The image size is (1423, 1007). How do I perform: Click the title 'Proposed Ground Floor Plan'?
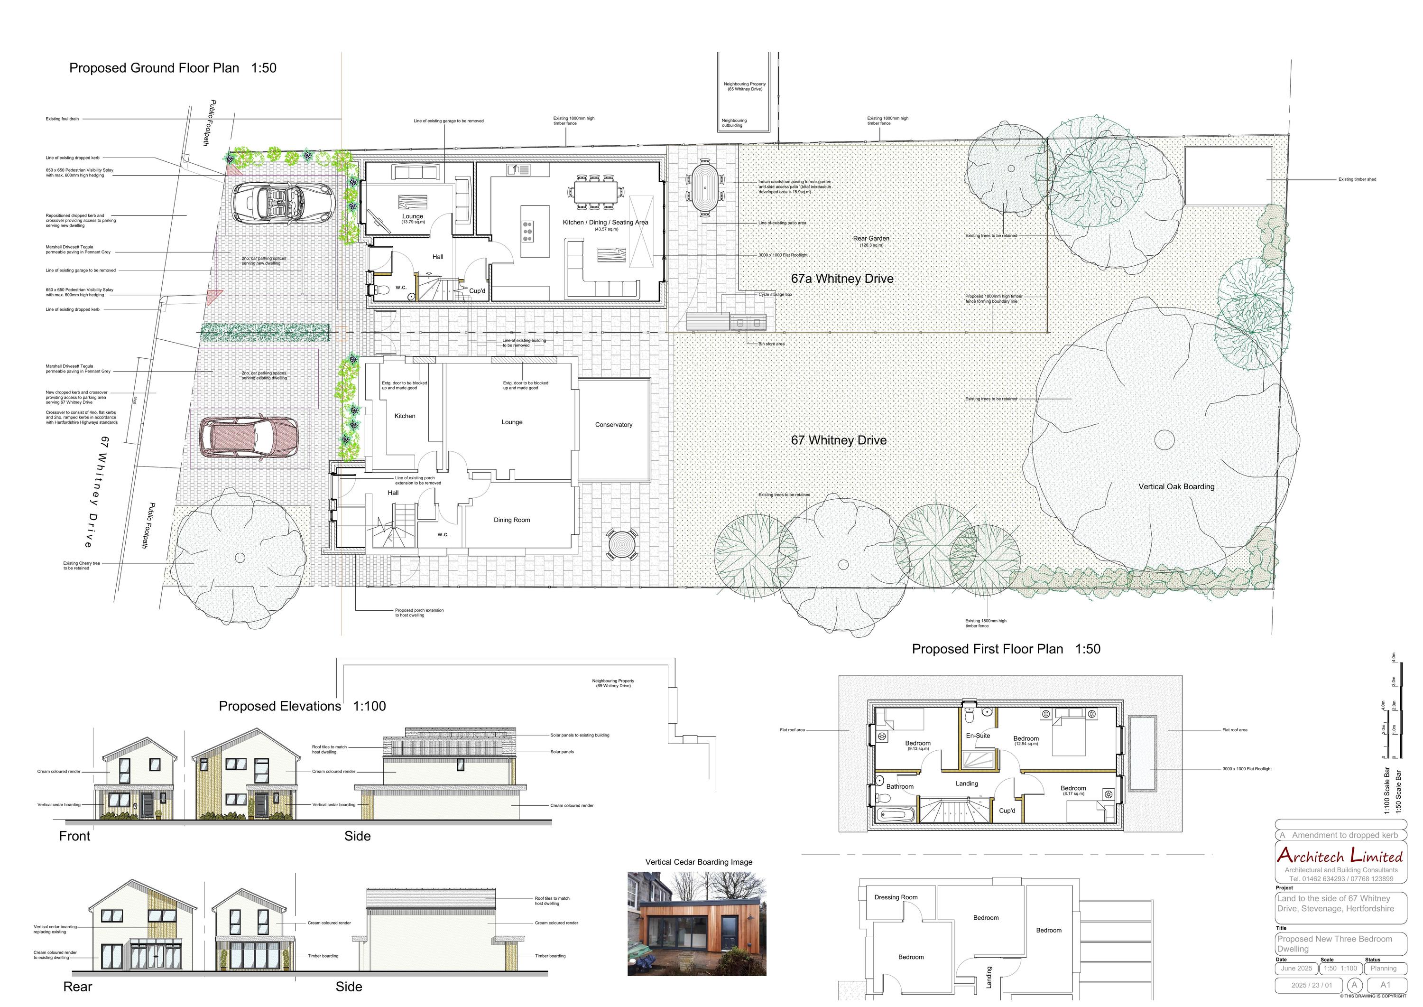pyautogui.click(x=154, y=68)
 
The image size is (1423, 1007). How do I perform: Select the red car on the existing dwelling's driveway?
pyautogui.click(x=248, y=438)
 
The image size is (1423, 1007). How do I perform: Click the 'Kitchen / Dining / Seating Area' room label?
pyautogui.click(x=605, y=223)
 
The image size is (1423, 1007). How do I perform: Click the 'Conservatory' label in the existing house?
pyautogui.click(x=614, y=425)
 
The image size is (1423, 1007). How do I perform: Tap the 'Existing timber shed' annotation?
pyautogui.click(x=1357, y=180)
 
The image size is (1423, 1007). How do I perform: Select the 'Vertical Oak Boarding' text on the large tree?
pyautogui.click(x=1176, y=487)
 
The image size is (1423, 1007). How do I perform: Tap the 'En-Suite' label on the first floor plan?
pyautogui.click(x=978, y=736)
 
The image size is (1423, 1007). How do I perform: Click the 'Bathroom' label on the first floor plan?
pyautogui.click(x=899, y=787)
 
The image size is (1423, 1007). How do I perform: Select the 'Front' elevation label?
pyautogui.click(x=74, y=836)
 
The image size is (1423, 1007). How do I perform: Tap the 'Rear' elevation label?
pyautogui.click(x=77, y=987)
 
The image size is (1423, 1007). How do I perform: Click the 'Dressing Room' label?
pyautogui.click(x=896, y=897)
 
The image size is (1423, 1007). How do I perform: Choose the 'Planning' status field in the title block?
pyautogui.click(x=1383, y=968)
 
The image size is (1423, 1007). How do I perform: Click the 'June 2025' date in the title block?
pyautogui.click(x=1296, y=968)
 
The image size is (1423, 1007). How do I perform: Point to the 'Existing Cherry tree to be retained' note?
pyautogui.click(x=81, y=566)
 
